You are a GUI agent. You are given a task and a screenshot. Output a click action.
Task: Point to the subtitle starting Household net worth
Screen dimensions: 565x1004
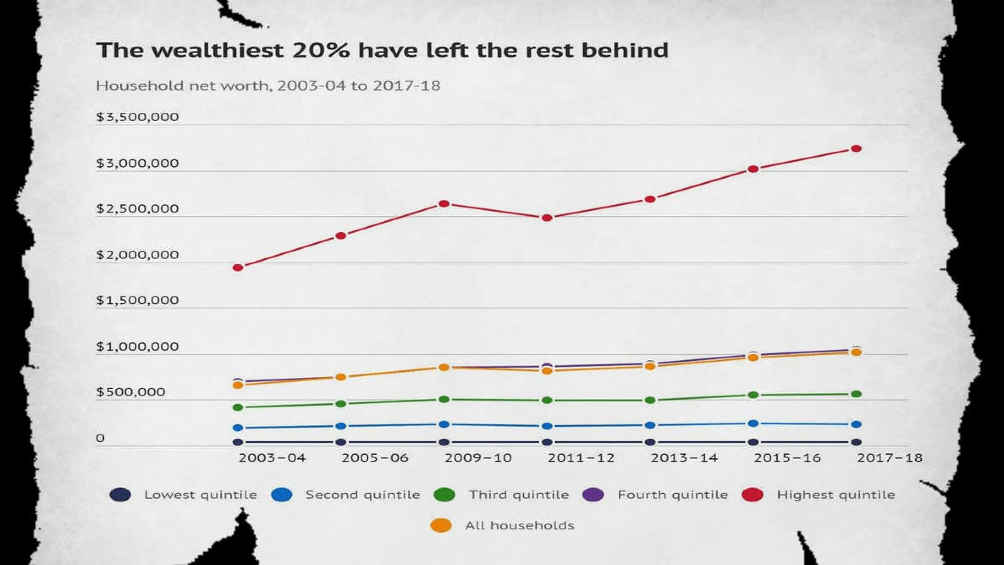(x=268, y=85)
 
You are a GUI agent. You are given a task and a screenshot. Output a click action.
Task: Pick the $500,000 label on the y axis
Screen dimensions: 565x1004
(x=131, y=391)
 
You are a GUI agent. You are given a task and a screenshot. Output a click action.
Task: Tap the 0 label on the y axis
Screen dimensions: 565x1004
(x=100, y=438)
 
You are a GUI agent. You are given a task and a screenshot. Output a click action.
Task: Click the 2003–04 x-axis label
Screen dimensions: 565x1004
(x=272, y=457)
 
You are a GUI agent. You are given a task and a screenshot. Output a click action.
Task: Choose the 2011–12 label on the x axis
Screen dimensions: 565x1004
(x=581, y=457)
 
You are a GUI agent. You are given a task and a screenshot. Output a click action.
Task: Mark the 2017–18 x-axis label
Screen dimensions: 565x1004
(x=889, y=457)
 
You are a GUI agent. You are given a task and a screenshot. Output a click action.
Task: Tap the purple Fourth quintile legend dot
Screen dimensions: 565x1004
(x=593, y=495)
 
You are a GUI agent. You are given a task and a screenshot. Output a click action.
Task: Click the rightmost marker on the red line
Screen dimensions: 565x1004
(x=856, y=148)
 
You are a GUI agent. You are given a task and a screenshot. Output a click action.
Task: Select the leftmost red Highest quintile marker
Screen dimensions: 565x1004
(x=238, y=267)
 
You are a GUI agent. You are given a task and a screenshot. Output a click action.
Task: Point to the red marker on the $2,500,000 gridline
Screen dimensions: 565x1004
(x=547, y=218)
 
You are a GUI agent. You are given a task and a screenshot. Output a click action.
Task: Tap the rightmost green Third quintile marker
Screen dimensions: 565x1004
(x=856, y=394)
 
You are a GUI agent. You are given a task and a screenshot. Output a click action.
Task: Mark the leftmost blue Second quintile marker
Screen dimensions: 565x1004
(x=238, y=428)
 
